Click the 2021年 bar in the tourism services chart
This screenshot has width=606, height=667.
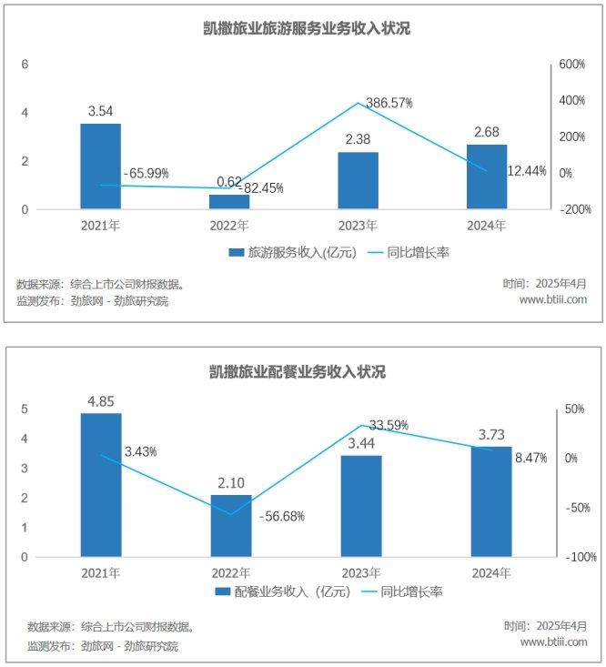tap(100, 167)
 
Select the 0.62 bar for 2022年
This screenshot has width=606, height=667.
tap(229, 201)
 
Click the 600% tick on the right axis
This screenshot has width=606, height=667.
tap(571, 65)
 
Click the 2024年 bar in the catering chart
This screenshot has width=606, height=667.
tap(490, 501)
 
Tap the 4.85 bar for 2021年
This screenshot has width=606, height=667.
tap(100, 485)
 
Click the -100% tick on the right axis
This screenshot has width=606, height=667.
tap(573, 557)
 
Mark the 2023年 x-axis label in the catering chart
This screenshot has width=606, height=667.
tap(360, 572)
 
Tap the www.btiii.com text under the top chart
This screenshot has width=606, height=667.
tap(552, 299)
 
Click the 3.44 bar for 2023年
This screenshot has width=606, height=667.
tap(361, 506)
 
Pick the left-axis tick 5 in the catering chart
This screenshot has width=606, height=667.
tap(25, 409)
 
